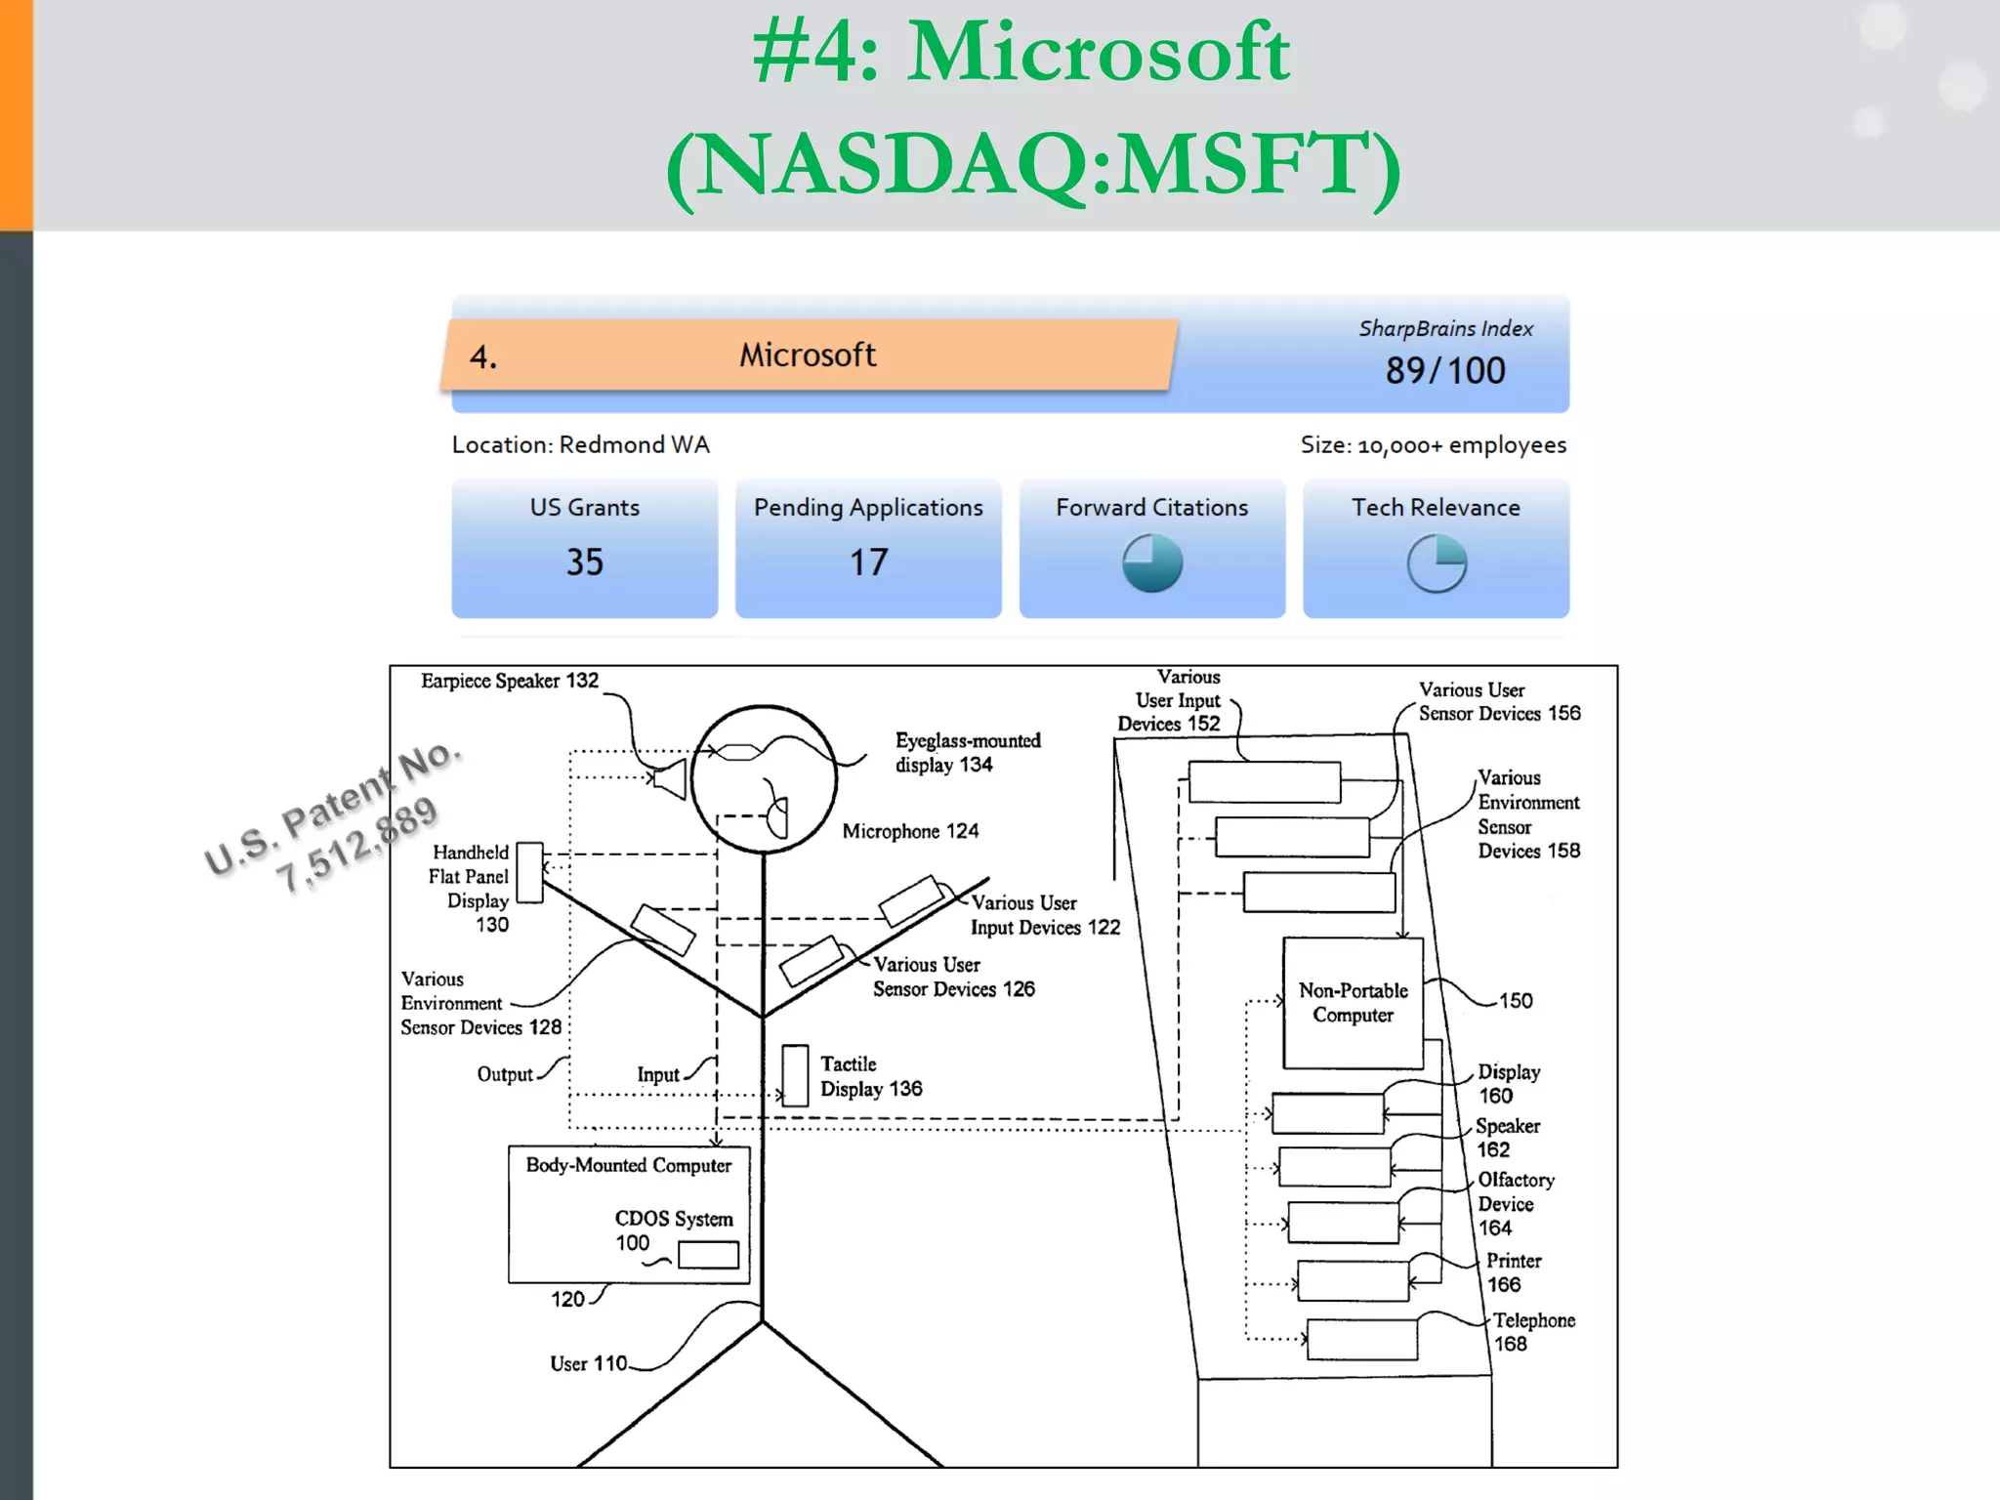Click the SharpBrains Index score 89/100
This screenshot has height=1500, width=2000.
(x=1444, y=371)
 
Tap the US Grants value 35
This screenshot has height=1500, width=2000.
(x=585, y=562)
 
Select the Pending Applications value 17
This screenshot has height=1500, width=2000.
(x=868, y=562)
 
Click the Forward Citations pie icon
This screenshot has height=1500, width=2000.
(x=1152, y=562)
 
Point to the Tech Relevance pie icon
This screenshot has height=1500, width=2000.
(x=1436, y=562)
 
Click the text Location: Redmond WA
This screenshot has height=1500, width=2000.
(x=580, y=445)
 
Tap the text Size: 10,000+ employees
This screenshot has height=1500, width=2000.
(x=1433, y=445)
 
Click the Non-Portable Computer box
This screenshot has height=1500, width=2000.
(x=1353, y=1003)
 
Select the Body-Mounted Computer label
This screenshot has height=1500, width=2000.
(x=628, y=1165)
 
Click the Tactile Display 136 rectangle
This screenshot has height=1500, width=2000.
(x=795, y=1075)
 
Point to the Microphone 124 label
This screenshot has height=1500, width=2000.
(x=910, y=831)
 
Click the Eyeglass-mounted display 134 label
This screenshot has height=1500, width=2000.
(x=967, y=753)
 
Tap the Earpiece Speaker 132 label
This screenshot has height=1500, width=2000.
(x=509, y=681)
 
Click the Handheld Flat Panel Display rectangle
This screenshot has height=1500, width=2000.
(x=529, y=872)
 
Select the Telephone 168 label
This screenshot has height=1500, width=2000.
(x=1532, y=1332)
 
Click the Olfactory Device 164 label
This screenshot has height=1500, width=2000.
(x=1515, y=1203)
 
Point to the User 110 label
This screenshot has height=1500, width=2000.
(x=588, y=1363)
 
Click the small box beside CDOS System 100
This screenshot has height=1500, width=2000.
(x=708, y=1255)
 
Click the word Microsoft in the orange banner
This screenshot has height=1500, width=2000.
(x=808, y=355)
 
